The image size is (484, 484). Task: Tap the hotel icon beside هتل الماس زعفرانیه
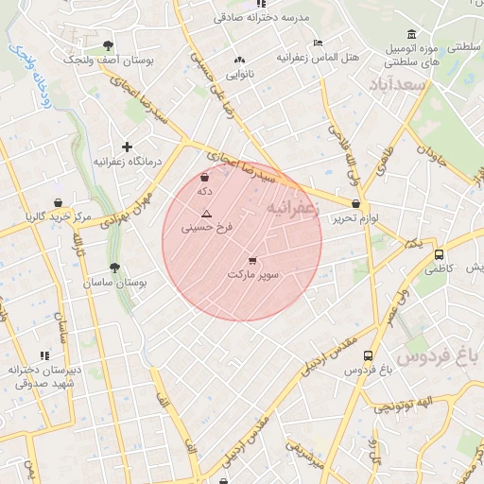(x=318, y=43)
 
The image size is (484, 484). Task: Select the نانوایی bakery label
(x=238, y=73)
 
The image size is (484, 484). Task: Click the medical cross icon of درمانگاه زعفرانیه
(x=127, y=147)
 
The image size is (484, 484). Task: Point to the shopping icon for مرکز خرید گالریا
(x=60, y=202)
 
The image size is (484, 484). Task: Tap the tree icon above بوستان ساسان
(x=114, y=268)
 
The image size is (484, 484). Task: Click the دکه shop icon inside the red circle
(x=205, y=177)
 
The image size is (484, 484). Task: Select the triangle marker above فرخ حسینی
(x=206, y=214)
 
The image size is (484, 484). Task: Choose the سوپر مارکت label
(x=252, y=274)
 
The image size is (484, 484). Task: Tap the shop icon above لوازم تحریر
(x=355, y=204)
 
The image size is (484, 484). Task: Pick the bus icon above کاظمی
(x=439, y=254)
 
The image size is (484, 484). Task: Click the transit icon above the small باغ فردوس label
(x=368, y=355)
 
